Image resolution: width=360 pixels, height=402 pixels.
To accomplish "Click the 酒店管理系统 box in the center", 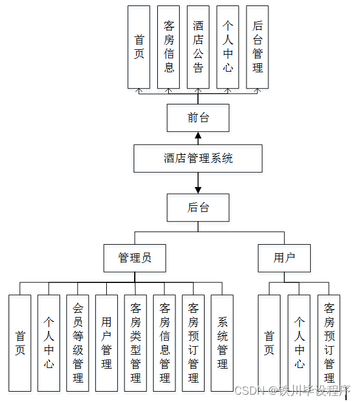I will click(x=198, y=158).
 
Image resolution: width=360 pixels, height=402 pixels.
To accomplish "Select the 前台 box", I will click(x=198, y=118).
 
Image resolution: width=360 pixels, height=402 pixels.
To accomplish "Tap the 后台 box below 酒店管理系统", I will click(x=198, y=208).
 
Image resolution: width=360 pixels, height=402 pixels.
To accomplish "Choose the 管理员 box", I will click(x=134, y=257).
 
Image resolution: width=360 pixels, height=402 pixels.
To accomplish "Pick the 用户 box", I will click(x=284, y=257).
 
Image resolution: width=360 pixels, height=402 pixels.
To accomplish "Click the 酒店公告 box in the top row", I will click(x=198, y=47).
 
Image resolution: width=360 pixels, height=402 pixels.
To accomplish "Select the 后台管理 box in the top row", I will click(x=257, y=47).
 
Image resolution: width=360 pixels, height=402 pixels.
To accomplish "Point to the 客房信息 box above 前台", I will click(x=169, y=47).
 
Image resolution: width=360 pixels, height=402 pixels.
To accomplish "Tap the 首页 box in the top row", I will click(x=139, y=47).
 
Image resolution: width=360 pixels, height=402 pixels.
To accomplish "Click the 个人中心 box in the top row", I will click(x=228, y=47).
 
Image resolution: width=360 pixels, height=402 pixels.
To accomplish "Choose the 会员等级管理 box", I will click(x=78, y=342).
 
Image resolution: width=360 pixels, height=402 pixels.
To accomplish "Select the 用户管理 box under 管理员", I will click(x=107, y=342).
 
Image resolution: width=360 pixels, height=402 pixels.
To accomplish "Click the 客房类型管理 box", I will click(x=135, y=342).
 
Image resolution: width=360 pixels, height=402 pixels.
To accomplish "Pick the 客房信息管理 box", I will click(x=165, y=342).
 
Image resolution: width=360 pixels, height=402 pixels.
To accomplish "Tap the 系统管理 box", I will click(x=222, y=342).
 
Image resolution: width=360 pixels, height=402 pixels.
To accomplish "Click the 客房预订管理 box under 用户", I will click(x=329, y=342).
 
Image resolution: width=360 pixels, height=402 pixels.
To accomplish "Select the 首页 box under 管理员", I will click(x=20, y=342).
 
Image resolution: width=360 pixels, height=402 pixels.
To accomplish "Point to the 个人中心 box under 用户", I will click(x=299, y=342).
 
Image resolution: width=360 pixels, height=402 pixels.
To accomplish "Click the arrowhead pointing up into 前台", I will click(x=198, y=135).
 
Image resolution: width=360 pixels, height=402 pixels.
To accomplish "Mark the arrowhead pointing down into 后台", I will click(x=198, y=190).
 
